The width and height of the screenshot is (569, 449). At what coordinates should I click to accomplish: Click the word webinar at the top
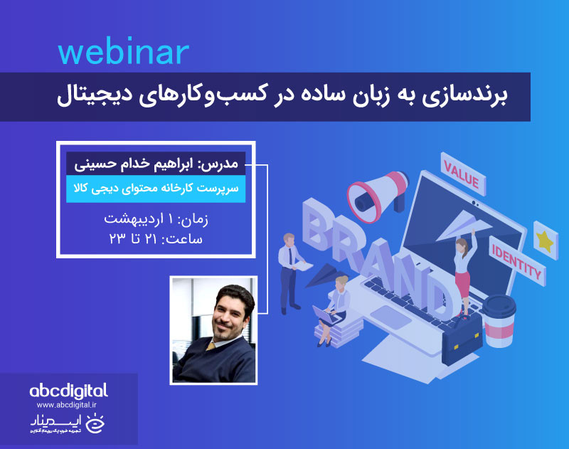coord(123,53)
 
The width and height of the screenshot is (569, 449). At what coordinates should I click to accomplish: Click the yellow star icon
coord(544,240)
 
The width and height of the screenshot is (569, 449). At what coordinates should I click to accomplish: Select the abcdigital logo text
coord(68,391)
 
